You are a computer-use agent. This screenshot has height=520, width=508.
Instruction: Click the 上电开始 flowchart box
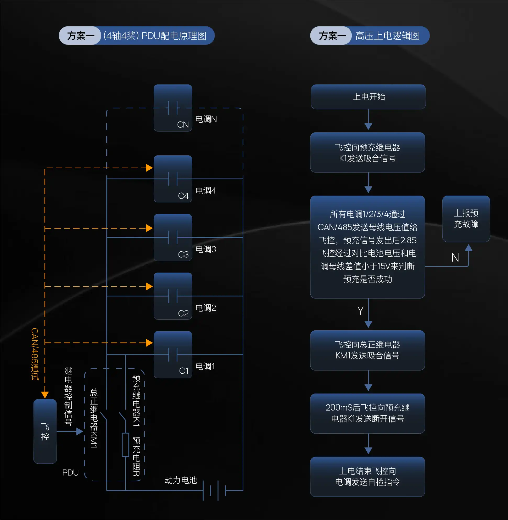(x=368, y=97)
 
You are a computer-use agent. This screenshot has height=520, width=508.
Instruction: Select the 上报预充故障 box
(x=466, y=219)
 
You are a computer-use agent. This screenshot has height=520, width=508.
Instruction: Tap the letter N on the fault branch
(x=455, y=258)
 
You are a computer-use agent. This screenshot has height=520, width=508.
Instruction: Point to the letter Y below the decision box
(x=360, y=311)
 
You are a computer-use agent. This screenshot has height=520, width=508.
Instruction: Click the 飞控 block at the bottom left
(x=45, y=431)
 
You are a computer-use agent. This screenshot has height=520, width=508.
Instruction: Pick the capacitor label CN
(x=183, y=125)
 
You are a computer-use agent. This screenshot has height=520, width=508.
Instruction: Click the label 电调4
(x=205, y=191)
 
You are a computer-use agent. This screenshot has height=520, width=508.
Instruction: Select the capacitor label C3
(x=183, y=255)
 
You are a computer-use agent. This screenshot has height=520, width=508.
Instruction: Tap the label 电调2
(x=205, y=308)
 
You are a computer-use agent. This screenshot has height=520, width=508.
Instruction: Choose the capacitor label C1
(x=184, y=371)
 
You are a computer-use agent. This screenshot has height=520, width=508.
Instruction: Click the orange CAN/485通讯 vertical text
(x=35, y=354)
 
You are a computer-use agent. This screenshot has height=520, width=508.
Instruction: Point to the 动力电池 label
(x=181, y=480)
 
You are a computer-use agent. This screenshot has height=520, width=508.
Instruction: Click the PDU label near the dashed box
(x=70, y=473)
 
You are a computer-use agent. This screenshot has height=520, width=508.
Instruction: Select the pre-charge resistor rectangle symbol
(x=125, y=445)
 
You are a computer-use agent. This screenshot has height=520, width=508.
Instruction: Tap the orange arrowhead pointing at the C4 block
(x=149, y=168)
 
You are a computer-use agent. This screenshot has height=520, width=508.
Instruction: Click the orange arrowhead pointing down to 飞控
(x=45, y=395)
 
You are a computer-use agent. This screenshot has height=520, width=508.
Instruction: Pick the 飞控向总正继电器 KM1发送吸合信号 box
(x=367, y=350)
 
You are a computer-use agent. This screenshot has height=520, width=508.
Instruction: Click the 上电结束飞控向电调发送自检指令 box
(x=367, y=477)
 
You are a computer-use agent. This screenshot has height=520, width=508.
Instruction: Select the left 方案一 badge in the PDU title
(x=81, y=36)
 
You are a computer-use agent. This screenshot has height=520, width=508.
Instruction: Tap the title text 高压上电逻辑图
(x=387, y=36)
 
